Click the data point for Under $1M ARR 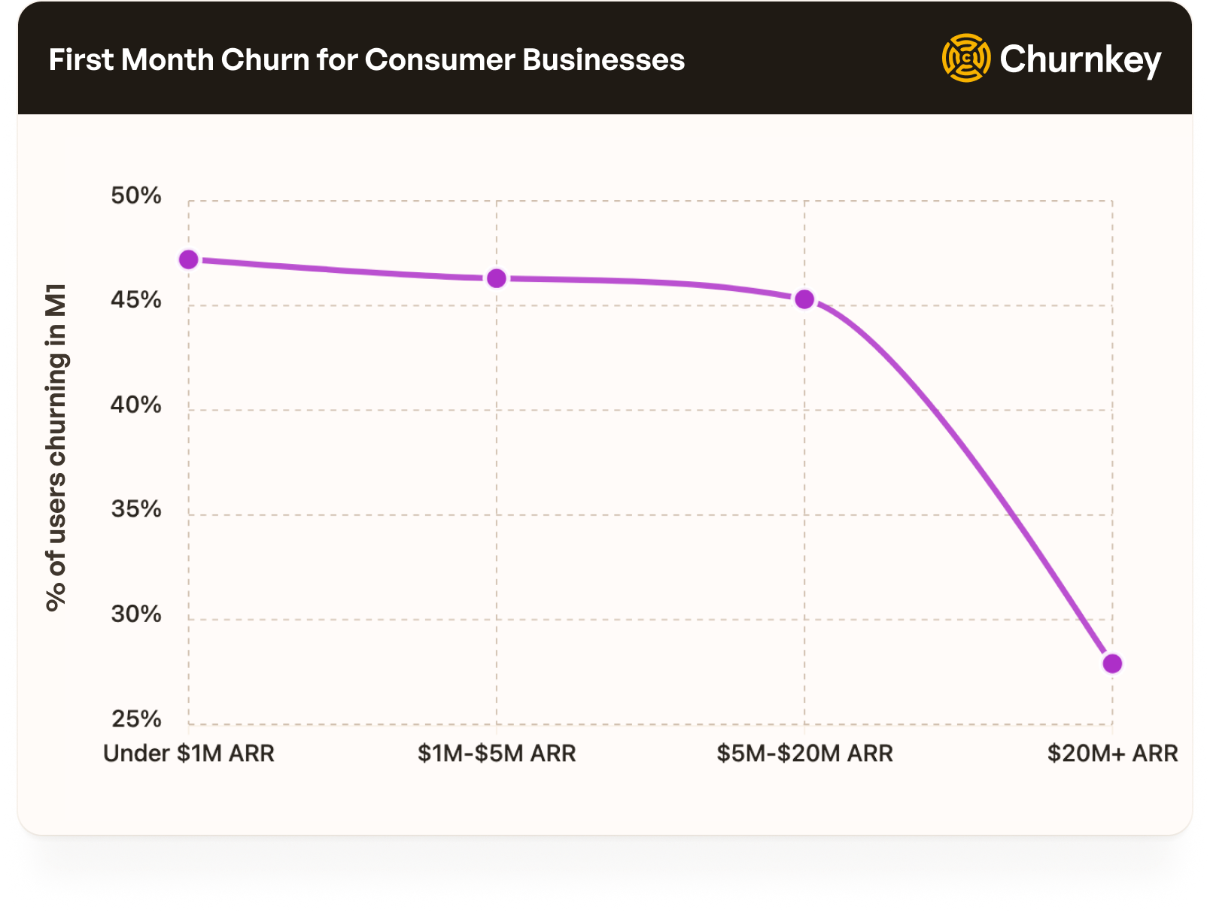(x=189, y=259)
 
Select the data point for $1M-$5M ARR (x=497, y=278)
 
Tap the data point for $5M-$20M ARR (x=804, y=299)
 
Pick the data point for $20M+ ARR (x=1112, y=663)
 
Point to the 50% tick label (x=136, y=196)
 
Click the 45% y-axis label (x=136, y=300)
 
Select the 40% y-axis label (x=136, y=405)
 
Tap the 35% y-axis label (x=136, y=509)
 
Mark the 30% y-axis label (x=136, y=614)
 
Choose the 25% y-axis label (x=136, y=719)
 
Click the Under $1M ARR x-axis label (x=189, y=753)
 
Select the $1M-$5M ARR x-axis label (x=497, y=753)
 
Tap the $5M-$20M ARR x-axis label (x=804, y=753)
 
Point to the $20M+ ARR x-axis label (x=1112, y=753)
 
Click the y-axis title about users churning (x=56, y=447)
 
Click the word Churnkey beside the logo (x=1081, y=59)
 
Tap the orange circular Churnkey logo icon (x=966, y=58)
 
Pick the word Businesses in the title (x=603, y=60)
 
